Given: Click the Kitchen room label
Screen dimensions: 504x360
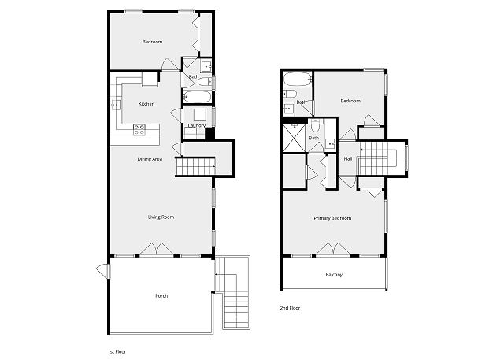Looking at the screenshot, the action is [x=146, y=104].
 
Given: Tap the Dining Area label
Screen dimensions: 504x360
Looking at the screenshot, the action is [x=150, y=159].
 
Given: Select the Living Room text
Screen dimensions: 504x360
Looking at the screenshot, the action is [x=161, y=217].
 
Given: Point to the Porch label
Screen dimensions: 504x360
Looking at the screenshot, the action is [x=161, y=295].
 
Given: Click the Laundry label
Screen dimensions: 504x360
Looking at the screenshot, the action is [x=197, y=126].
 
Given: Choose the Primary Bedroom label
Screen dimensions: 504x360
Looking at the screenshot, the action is [x=332, y=218].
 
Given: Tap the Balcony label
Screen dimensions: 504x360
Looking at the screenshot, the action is [x=334, y=275].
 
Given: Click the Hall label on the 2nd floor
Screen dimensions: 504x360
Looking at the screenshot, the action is [x=348, y=159].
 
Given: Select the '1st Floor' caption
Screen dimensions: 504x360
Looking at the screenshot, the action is [x=117, y=351].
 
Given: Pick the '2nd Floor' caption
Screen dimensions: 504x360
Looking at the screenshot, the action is [x=290, y=308].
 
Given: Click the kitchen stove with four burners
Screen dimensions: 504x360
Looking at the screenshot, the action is [x=139, y=130].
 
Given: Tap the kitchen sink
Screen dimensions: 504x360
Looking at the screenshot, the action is [x=116, y=105].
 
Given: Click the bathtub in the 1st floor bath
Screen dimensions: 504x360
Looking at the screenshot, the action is [x=197, y=97].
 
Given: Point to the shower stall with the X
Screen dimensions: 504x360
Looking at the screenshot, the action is [x=294, y=138].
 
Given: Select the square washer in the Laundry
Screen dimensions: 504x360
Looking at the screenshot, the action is [x=199, y=114].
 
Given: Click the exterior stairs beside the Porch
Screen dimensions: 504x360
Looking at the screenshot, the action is [x=236, y=292].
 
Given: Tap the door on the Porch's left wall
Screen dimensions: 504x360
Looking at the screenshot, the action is [x=103, y=271].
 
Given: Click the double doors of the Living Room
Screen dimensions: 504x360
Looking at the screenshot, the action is [x=157, y=250].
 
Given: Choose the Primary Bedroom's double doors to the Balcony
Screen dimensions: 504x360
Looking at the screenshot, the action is [x=333, y=250].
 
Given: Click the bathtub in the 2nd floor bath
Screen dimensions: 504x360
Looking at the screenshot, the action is [x=298, y=80].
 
